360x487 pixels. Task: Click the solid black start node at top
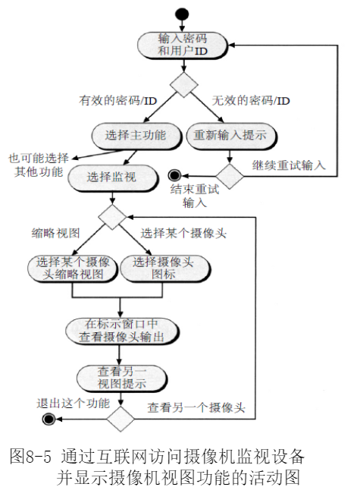(x=180, y=13)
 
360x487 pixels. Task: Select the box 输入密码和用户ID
(x=182, y=45)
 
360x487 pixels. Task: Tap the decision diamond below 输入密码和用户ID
(x=182, y=83)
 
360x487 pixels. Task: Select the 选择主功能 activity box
(x=136, y=135)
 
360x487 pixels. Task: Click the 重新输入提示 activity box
(x=227, y=135)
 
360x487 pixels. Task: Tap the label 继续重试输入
(x=288, y=165)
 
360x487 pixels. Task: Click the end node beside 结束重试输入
(x=174, y=173)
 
